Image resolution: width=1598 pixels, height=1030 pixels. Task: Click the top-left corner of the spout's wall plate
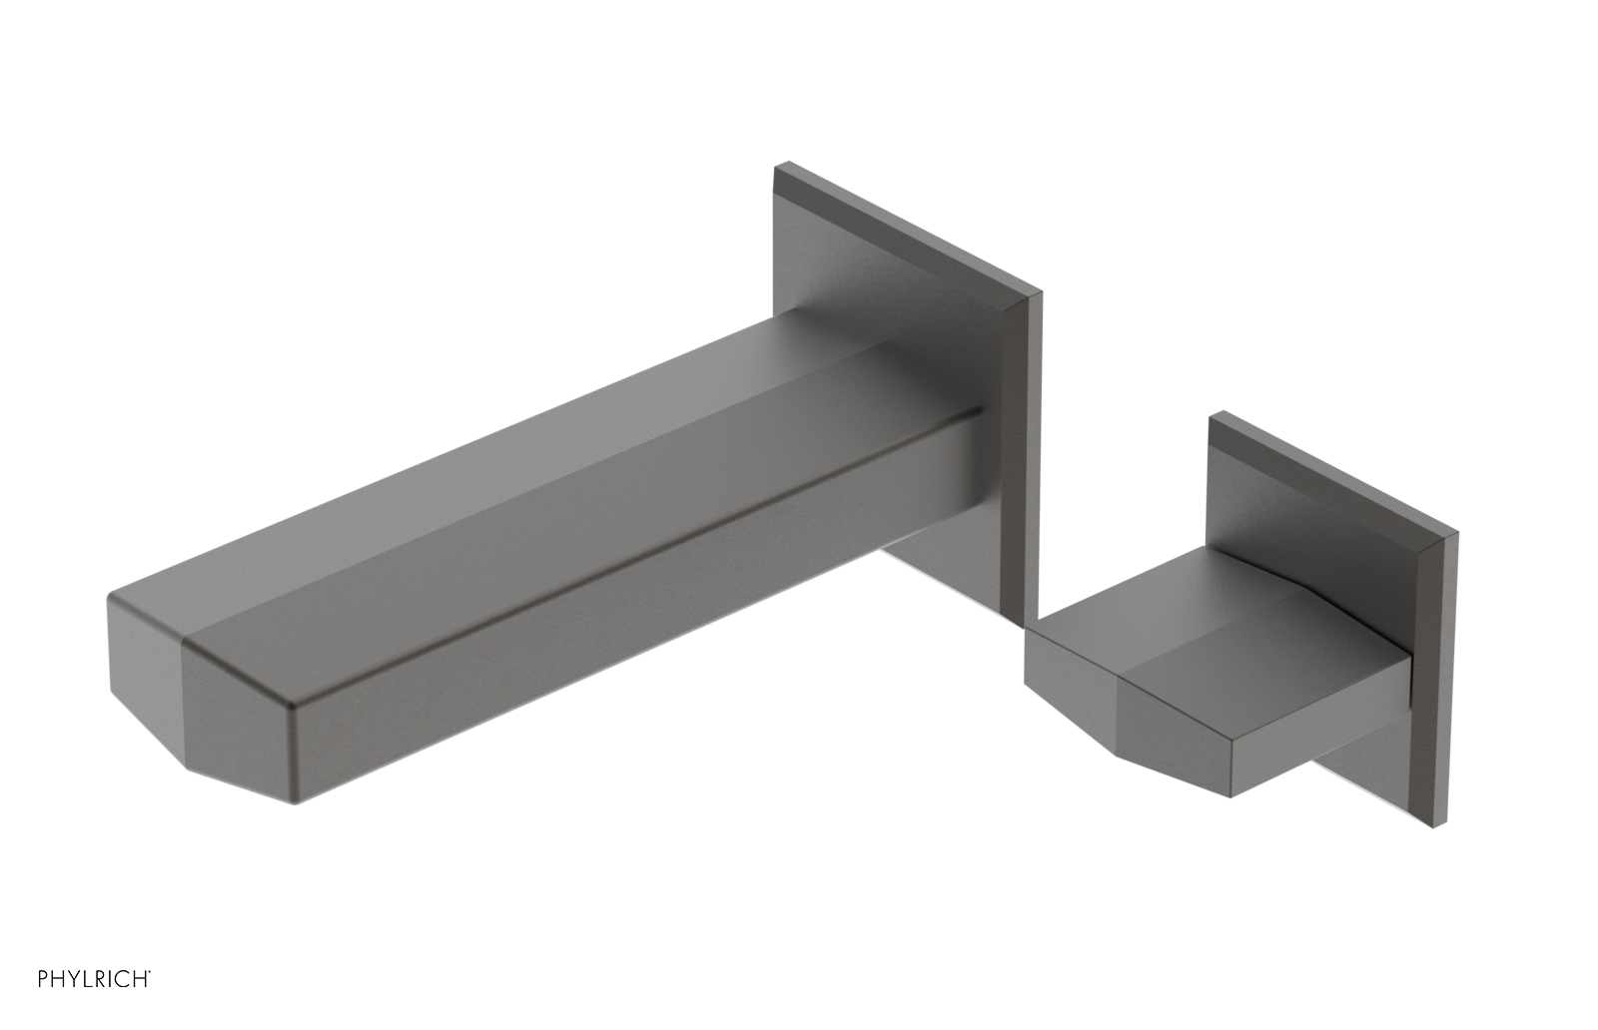tap(776, 162)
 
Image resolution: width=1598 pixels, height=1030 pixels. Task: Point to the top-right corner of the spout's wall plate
tap(1040, 293)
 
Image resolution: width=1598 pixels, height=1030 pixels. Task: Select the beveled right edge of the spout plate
tap(1034, 449)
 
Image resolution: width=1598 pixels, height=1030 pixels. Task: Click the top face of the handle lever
tap(1198, 609)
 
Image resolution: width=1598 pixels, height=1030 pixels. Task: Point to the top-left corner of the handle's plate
tap(1211, 412)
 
